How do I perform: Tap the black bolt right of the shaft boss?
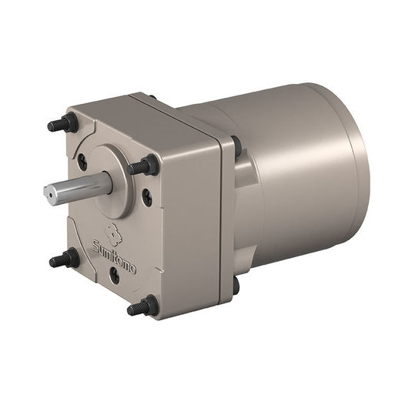146,166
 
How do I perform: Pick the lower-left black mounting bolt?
66,259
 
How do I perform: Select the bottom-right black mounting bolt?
143,306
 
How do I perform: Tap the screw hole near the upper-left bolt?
82,162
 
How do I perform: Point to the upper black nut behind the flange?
236,146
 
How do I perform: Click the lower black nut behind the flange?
236,285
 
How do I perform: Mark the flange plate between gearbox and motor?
226,216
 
